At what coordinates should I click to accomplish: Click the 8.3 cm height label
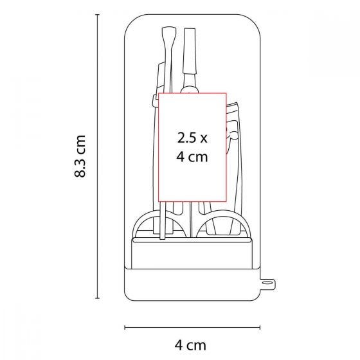[80, 156]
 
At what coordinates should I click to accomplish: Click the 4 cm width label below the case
[190, 345]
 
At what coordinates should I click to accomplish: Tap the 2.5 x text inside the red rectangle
[192, 138]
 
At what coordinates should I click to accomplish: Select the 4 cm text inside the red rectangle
[192, 157]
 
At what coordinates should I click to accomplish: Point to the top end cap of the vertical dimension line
[97, 14]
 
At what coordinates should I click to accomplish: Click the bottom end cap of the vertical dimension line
[97, 298]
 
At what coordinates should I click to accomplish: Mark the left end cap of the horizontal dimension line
[125, 327]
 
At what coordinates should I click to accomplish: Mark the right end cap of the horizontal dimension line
[260, 327]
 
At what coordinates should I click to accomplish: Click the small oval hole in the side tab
[267, 282]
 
